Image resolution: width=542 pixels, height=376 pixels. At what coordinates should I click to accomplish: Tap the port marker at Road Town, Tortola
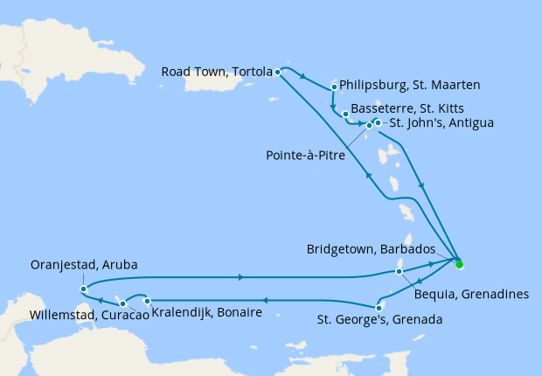click(277, 72)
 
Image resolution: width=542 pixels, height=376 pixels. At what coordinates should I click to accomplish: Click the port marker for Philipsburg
click(335, 87)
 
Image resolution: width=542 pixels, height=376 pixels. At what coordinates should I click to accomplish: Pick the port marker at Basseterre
click(346, 115)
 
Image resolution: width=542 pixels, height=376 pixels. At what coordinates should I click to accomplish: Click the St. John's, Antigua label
click(441, 122)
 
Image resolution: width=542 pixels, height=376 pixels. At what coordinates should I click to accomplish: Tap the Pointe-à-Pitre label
click(304, 156)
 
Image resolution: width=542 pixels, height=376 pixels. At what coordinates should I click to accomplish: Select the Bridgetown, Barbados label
click(375, 249)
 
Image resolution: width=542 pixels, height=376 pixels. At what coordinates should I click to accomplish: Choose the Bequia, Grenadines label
click(470, 294)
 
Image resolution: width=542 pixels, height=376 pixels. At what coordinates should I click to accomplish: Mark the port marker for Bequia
click(399, 271)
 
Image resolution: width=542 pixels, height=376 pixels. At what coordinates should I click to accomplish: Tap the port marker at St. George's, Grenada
click(379, 307)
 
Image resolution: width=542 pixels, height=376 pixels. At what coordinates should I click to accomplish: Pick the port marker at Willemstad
click(123, 303)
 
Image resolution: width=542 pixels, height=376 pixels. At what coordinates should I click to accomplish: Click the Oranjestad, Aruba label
click(83, 264)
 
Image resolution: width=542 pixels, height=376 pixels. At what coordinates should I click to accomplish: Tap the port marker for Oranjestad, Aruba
click(82, 289)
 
